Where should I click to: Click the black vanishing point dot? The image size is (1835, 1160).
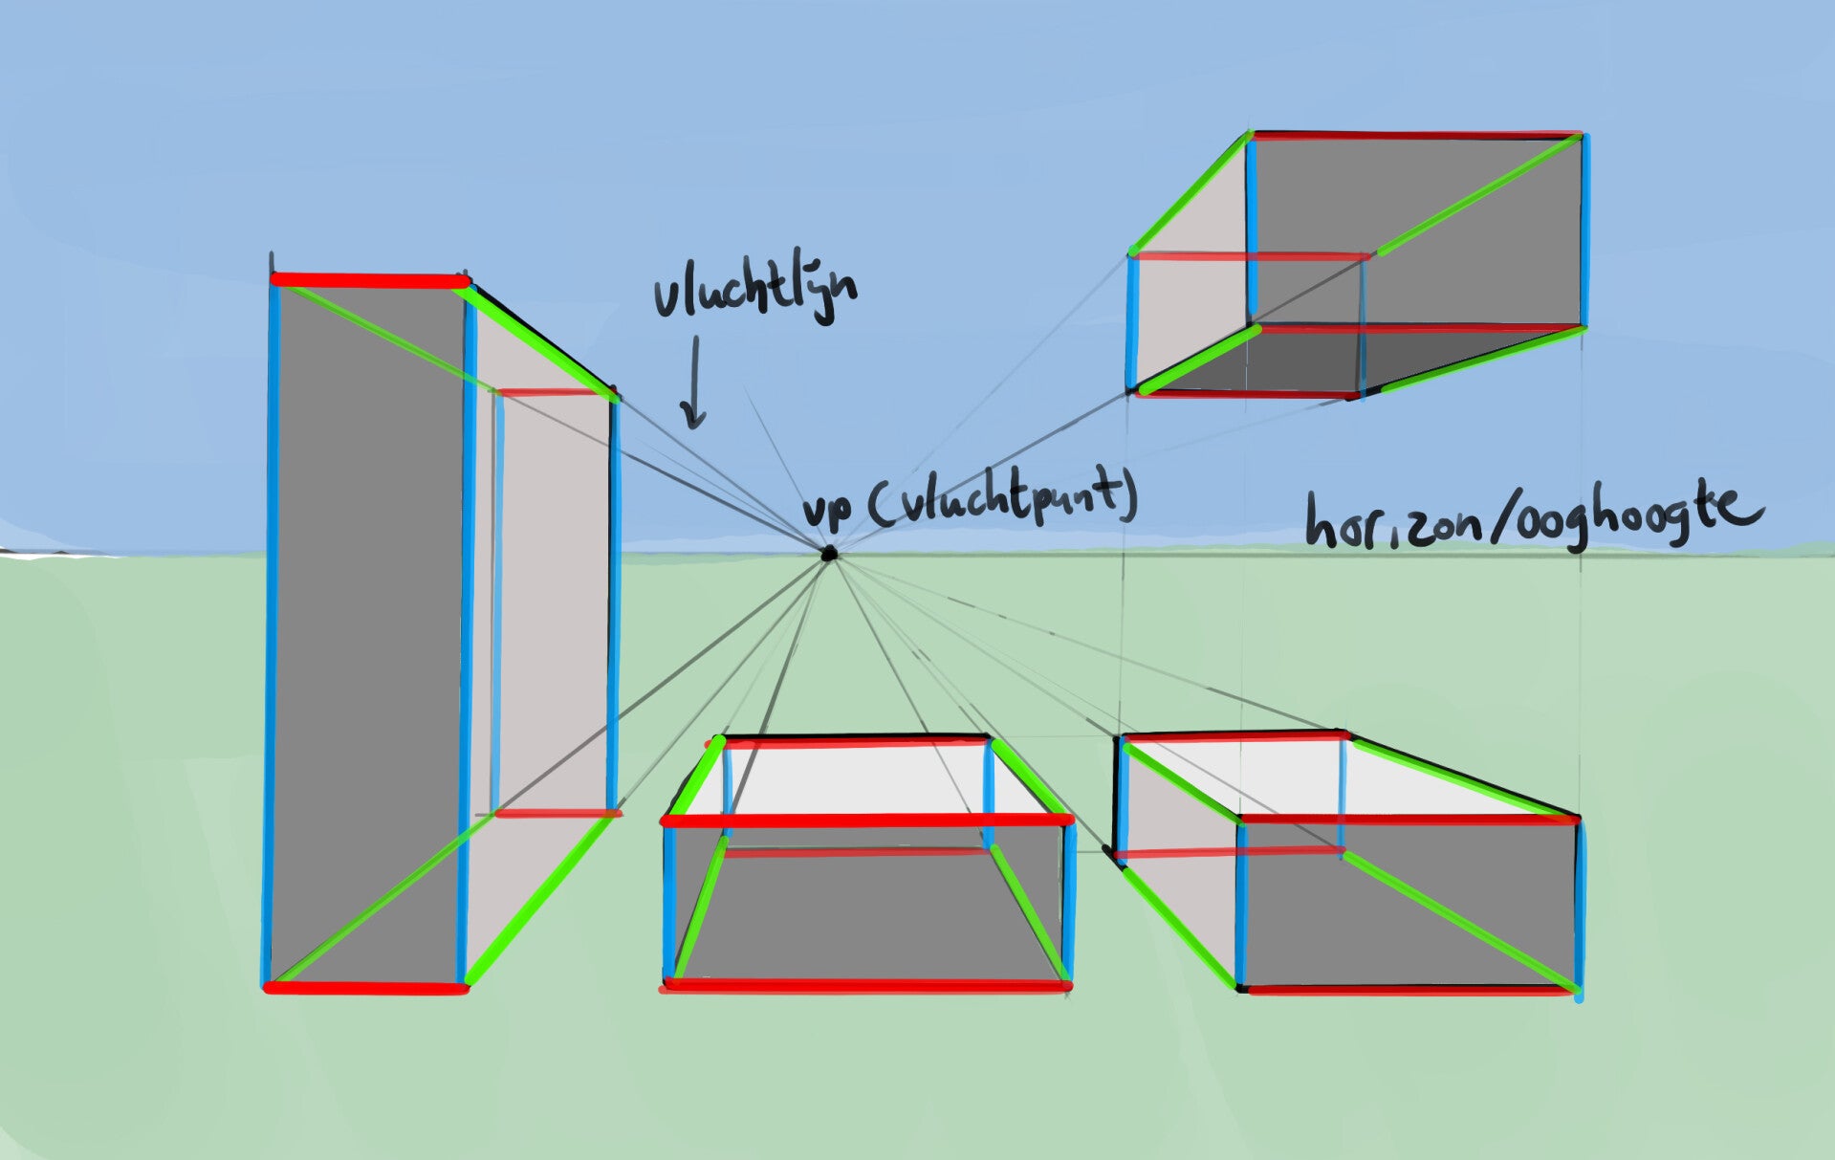829,553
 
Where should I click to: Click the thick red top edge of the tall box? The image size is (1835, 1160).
370,280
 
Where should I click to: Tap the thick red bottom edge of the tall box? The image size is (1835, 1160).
366,988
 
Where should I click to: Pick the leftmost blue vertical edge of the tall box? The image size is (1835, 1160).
272,631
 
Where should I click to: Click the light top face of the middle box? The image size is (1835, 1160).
861,779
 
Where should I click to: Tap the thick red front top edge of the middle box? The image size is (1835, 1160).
865,821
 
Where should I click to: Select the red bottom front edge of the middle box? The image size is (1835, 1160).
865,985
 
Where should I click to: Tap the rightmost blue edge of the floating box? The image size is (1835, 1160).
1584,230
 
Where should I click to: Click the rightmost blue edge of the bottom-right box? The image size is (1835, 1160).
1578,904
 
